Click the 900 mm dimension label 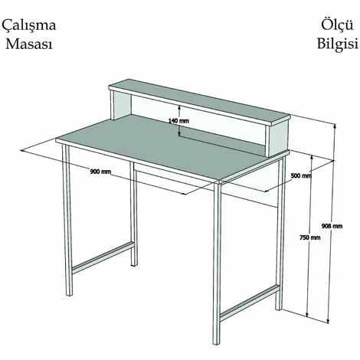point(100,172)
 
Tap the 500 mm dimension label point(301,175)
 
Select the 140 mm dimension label point(178,121)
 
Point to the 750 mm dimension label point(310,237)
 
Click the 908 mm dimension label point(332,226)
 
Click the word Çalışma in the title point(29,25)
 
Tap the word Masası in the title point(29,44)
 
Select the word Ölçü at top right point(337,25)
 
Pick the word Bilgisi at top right point(338,43)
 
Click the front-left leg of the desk point(67,220)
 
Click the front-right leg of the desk point(217,263)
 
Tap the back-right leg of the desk point(281,234)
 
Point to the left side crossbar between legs point(103,257)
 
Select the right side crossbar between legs point(250,303)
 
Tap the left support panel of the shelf point(120,104)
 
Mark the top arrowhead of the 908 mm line point(335,126)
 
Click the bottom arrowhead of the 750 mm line point(308,314)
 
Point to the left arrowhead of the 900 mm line point(23,151)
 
